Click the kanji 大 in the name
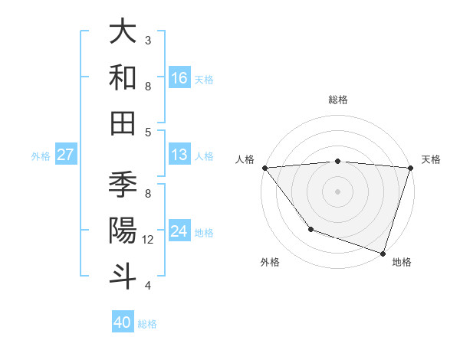[x=123, y=32]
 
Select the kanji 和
[x=123, y=77]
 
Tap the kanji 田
[x=123, y=122]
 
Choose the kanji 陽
[x=123, y=230]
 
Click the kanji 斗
[x=123, y=275]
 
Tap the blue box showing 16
[x=179, y=77]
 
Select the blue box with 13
[x=179, y=155]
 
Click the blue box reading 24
[x=179, y=231]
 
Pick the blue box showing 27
[x=65, y=155]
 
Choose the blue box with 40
[x=123, y=322]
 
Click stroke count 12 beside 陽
[x=148, y=240]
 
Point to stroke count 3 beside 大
[x=148, y=40]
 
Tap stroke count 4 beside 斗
[x=148, y=286]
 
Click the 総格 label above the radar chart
[x=338, y=100]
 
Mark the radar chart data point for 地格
[x=383, y=253]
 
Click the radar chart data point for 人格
[x=264, y=168]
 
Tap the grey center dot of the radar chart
[x=337, y=191]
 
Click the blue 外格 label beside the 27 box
[x=41, y=155]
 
